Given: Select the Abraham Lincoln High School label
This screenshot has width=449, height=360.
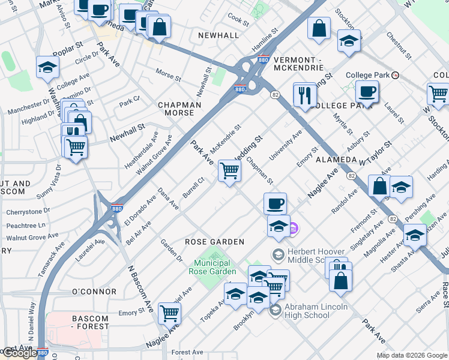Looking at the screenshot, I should [316, 311].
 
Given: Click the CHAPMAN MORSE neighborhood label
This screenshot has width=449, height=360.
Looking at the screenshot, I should [179, 109].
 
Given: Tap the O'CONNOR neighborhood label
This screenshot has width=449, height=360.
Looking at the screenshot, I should [94, 292].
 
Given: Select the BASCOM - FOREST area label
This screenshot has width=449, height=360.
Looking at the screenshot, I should [90, 322].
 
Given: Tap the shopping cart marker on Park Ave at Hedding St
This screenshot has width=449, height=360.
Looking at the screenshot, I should [229, 170].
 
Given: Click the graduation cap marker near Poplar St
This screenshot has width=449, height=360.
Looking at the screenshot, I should [47, 68].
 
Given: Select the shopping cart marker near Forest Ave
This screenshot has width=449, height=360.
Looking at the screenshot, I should [169, 313].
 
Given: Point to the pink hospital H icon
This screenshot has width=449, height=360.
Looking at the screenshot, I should [292, 228].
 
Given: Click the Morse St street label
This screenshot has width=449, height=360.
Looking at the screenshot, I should [168, 77].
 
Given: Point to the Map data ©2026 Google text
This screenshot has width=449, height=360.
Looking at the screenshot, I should [411, 355].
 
